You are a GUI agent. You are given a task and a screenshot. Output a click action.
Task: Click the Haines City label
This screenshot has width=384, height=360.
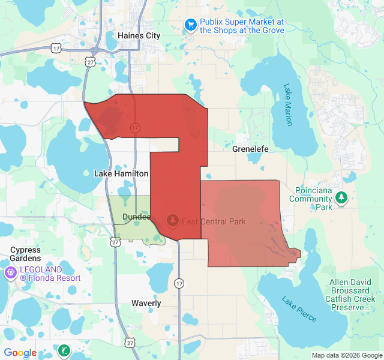[139, 35]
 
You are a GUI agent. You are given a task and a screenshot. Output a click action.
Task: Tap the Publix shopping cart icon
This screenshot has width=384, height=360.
[191, 25]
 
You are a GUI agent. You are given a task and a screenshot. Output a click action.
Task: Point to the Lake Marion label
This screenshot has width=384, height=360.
[288, 104]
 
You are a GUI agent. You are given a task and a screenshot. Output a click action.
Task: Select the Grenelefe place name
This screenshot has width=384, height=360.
[250, 148]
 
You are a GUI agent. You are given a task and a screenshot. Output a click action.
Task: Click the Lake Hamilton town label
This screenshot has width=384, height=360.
[121, 173]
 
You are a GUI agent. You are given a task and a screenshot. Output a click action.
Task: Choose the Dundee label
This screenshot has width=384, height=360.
[136, 217]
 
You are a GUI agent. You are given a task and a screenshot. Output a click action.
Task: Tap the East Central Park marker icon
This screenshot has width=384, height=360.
[173, 221]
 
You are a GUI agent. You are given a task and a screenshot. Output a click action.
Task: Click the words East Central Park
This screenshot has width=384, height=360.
[214, 221]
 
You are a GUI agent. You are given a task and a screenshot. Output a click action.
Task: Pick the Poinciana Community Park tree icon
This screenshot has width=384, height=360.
[341, 197]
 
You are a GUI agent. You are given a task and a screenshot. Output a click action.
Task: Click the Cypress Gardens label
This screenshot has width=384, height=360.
[25, 254]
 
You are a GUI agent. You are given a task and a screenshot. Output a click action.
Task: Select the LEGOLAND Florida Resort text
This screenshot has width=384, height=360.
[50, 274]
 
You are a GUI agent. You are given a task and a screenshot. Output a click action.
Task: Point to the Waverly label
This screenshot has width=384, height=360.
[146, 303]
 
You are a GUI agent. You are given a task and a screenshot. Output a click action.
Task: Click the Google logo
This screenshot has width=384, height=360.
[20, 353]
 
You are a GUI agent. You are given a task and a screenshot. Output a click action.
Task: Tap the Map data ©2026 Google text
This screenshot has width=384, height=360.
[346, 355]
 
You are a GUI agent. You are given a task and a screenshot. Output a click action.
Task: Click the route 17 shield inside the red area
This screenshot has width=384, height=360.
[135, 128]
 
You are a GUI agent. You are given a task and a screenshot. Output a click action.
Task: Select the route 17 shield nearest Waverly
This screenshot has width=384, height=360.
[179, 283]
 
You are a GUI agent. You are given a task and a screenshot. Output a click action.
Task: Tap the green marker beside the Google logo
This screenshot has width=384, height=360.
[64, 350]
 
